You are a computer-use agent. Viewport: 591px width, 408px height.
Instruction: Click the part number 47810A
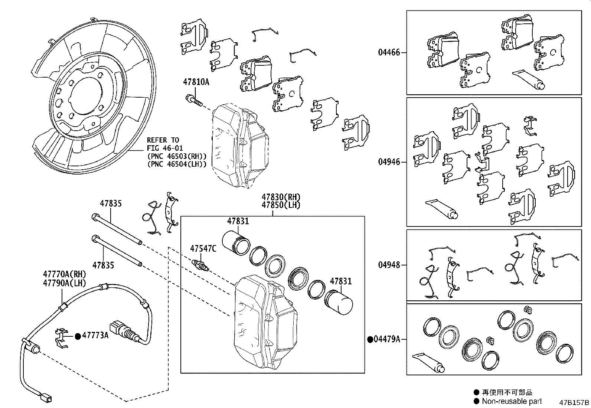click(196, 82)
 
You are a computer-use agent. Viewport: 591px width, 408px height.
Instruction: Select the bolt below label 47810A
click(194, 101)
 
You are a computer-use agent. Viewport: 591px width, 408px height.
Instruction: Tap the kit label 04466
click(389, 52)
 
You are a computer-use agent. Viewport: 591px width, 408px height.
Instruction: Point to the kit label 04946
click(389, 162)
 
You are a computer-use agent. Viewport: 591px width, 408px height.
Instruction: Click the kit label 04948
click(389, 265)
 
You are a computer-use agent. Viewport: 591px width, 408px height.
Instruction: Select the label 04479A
click(387, 339)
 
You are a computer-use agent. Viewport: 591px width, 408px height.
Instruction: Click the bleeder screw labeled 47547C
click(201, 265)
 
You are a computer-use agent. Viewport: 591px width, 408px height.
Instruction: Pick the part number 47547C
click(203, 248)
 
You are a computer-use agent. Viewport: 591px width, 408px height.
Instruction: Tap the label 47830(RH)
click(281, 197)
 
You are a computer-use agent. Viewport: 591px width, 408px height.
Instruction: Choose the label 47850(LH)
click(281, 205)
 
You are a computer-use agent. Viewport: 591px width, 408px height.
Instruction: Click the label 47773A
click(95, 335)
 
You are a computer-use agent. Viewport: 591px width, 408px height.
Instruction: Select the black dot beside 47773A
click(78, 336)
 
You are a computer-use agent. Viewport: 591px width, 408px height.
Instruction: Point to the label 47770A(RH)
click(65, 274)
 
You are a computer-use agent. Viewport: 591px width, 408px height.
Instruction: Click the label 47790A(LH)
click(65, 283)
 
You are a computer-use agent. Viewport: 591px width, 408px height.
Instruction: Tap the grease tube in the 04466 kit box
click(529, 79)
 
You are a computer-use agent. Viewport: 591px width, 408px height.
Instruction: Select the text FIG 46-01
click(164, 148)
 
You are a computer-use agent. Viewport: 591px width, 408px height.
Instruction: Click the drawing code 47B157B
click(574, 402)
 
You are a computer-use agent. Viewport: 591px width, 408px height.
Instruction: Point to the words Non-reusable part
click(512, 401)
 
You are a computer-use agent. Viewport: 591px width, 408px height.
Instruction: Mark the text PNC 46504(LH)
click(177, 164)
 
